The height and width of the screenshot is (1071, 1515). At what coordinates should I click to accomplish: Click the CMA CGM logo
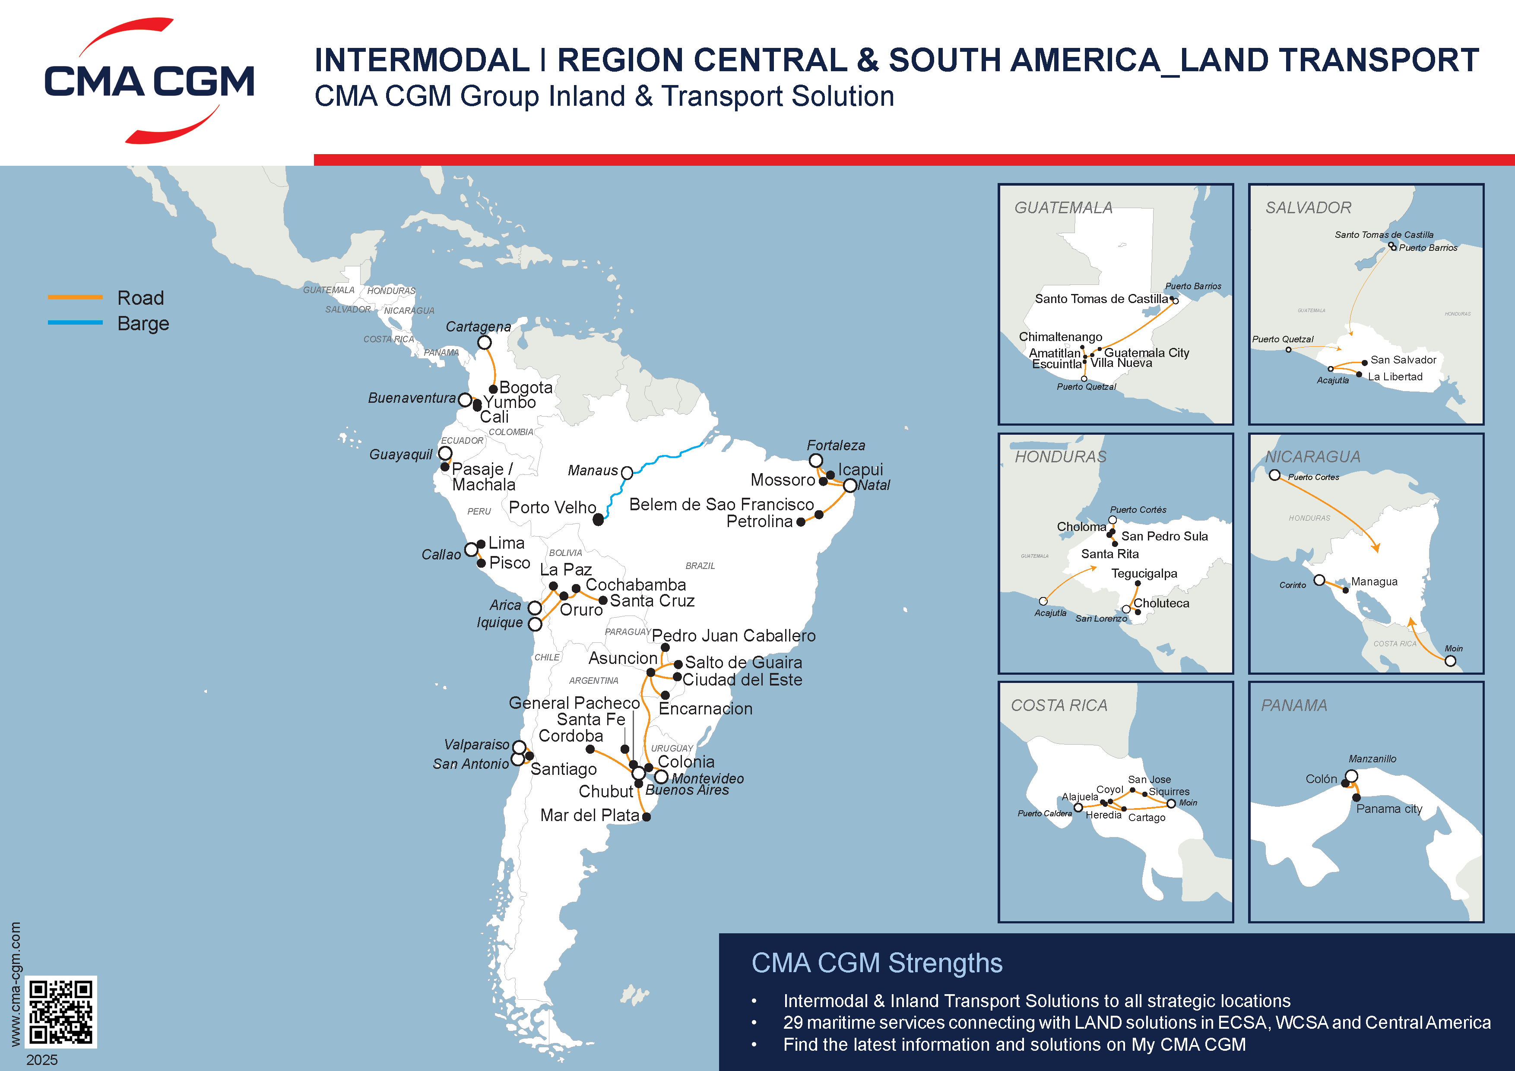point(149,80)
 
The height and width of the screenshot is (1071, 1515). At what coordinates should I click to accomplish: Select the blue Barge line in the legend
point(75,322)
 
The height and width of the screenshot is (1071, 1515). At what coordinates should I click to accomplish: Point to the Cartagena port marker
point(484,342)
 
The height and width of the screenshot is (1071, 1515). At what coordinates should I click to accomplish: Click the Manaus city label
point(592,470)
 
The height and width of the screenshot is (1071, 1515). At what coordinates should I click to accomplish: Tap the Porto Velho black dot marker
point(598,520)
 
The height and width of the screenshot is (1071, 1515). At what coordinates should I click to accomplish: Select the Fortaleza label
point(835,445)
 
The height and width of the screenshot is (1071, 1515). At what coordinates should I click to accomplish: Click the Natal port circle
point(850,485)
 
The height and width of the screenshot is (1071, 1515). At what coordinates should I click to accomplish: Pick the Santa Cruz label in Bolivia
point(652,601)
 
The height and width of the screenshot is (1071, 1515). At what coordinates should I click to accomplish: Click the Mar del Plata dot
point(647,816)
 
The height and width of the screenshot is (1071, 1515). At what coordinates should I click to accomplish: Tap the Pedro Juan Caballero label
point(734,636)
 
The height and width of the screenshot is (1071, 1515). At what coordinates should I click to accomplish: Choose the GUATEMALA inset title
point(1063,208)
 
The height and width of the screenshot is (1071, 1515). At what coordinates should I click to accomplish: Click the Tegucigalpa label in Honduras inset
point(1144,574)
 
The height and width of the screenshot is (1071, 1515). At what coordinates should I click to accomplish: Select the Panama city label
point(1389,809)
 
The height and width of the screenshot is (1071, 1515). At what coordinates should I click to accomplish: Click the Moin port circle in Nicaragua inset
point(1450,661)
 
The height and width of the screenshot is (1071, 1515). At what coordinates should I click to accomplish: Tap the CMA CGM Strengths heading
point(876,963)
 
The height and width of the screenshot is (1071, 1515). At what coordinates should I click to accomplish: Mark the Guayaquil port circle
point(445,453)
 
